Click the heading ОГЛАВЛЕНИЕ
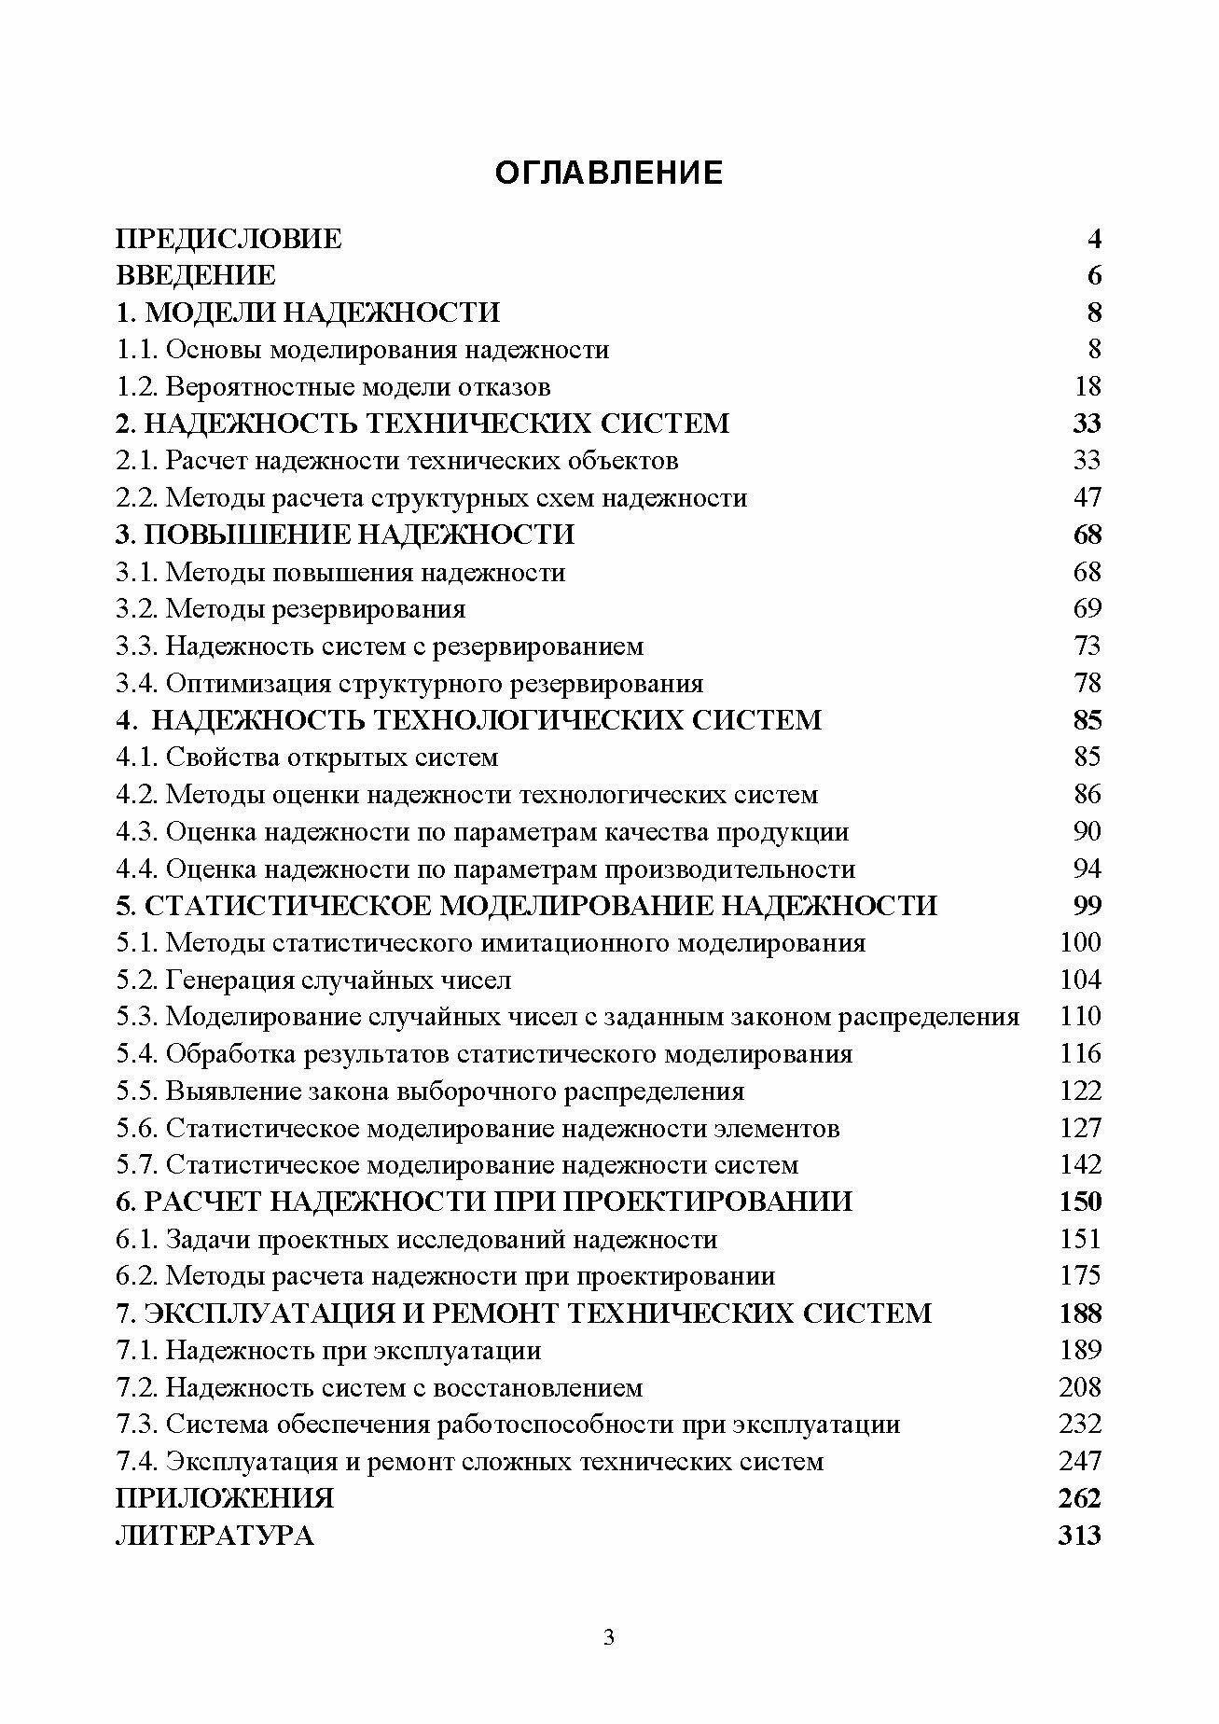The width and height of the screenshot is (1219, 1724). (608, 173)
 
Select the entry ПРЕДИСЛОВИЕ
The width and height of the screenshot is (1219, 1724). (229, 239)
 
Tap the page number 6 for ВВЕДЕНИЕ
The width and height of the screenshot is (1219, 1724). (1093, 276)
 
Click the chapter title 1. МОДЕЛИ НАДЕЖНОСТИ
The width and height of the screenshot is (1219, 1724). (308, 313)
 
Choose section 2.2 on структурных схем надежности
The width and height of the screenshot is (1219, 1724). (431, 498)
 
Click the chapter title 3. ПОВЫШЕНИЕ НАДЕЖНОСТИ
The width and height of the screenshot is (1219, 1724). (344, 535)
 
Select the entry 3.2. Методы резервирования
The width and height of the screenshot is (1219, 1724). (290, 609)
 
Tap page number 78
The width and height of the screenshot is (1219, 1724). (1087, 684)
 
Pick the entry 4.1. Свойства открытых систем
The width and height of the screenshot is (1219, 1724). (307, 758)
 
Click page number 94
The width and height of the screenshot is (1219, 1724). (1087, 869)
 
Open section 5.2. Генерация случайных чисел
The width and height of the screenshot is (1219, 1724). (313, 980)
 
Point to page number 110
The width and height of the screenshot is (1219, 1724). (1081, 1017)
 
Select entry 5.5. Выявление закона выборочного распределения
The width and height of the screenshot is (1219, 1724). (430, 1091)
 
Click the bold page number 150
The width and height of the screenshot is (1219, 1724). (1080, 1202)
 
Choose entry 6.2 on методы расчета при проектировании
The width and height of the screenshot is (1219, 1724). (445, 1276)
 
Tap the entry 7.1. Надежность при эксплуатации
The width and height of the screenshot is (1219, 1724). (328, 1351)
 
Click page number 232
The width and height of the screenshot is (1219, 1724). (1080, 1425)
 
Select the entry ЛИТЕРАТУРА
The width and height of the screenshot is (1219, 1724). (215, 1536)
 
